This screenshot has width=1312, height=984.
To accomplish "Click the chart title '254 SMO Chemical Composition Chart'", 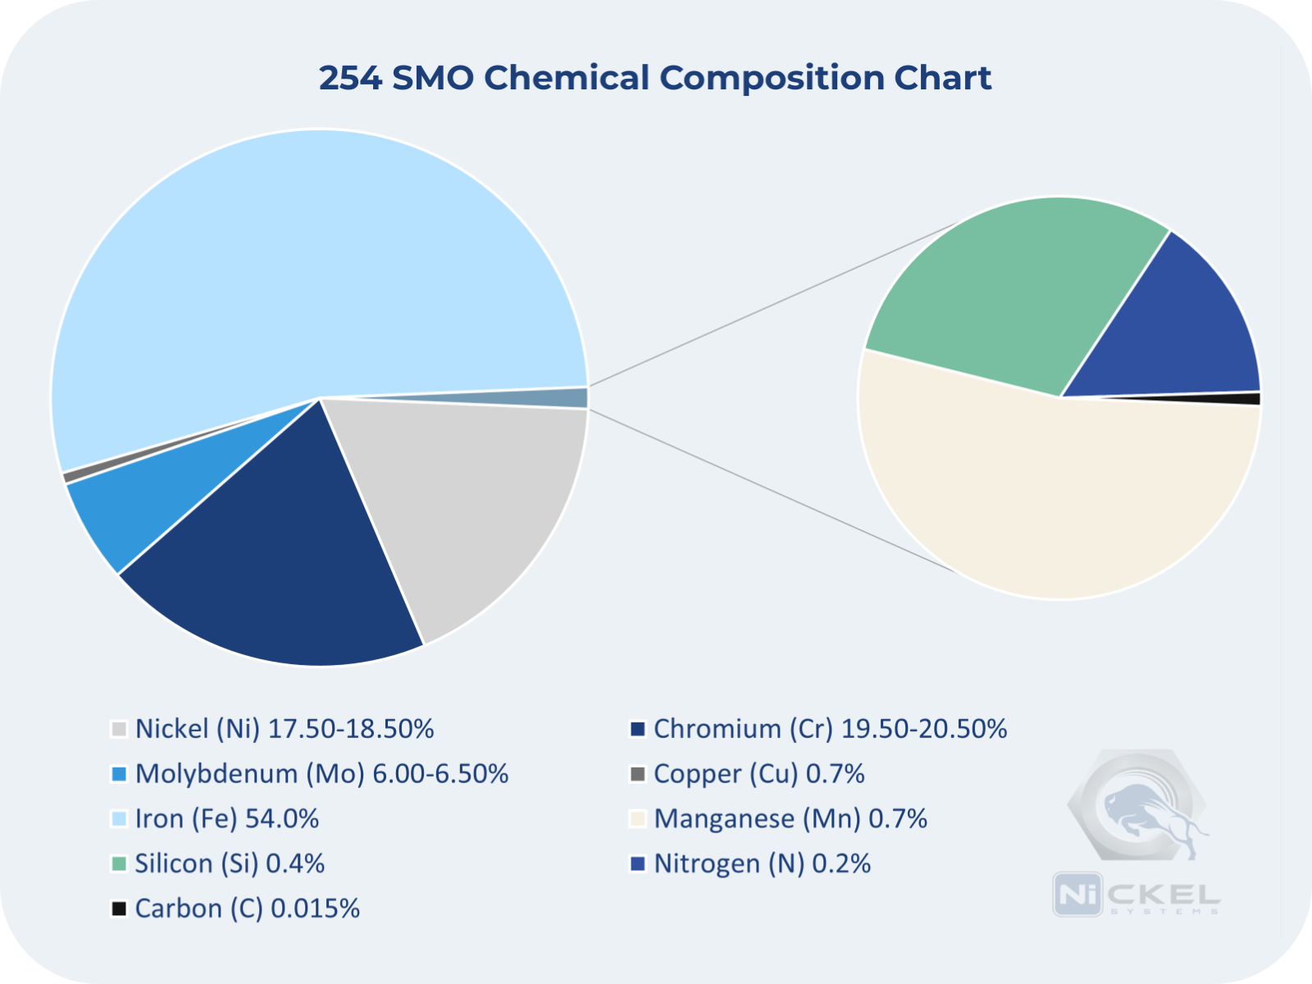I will coord(654,78).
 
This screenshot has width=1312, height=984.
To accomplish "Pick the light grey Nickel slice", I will coord(467,508).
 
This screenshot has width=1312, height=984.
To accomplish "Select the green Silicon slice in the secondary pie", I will coord(1009,287).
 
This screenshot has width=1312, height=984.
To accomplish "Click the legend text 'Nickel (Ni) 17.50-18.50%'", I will coord(284,729).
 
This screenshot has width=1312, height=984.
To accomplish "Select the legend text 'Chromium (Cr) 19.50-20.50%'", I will coord(830,729).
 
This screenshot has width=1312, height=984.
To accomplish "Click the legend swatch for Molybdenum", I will coord(119,774).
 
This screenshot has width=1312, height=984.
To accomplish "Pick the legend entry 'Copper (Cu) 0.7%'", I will coord(758,774).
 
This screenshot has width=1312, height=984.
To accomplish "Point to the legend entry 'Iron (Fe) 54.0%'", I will coord(226,819).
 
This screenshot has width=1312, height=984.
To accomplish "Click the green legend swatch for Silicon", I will coord(119,863).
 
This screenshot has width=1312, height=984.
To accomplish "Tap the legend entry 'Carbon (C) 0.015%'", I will coord(247,909).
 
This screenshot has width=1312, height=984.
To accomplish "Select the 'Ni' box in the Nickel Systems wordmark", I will coord(1077,894).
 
